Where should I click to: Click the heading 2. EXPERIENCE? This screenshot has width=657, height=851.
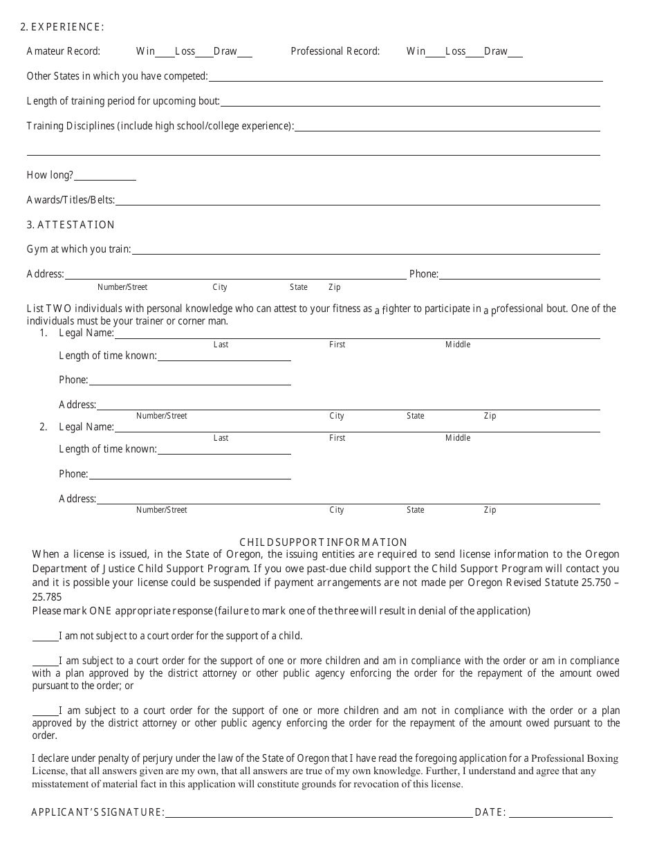click(62, 27)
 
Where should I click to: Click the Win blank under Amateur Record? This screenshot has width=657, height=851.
click(165, 53)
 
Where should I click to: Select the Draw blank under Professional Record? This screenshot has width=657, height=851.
click(515, 53)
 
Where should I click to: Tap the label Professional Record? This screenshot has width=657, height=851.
click(335, 51)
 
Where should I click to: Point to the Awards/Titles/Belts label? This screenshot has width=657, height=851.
click(71, 200)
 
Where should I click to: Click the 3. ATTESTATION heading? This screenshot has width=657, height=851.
click(71, 225)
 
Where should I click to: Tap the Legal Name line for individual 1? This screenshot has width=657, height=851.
click(357, 335)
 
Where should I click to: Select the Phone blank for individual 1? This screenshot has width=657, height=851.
click(189, 382)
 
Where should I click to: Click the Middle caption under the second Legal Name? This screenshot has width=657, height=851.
click(457, 438)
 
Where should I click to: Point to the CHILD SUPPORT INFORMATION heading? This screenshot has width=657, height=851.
click(323, 542)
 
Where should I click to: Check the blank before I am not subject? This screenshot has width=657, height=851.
click(45, 637)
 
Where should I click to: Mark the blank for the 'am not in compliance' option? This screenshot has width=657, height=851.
click(45, 712)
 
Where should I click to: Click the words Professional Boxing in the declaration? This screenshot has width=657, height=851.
click(575, 758)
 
